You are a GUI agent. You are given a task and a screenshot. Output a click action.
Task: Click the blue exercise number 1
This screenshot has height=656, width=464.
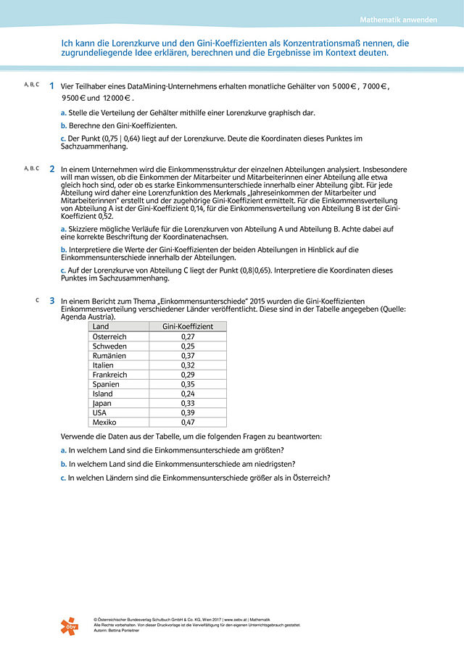51,86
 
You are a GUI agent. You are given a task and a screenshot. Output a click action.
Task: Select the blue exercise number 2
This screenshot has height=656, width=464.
51,169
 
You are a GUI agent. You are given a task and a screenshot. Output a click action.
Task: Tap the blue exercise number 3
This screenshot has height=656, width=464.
51,300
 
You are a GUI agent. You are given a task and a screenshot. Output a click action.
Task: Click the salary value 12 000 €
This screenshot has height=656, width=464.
117,97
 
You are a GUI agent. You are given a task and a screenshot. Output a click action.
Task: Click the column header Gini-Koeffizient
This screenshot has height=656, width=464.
188,327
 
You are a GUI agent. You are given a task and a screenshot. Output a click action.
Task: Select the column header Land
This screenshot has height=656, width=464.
101,327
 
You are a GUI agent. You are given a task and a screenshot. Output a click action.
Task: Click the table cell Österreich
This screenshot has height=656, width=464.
109,336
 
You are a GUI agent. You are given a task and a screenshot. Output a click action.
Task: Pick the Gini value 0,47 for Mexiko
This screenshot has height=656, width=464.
188,422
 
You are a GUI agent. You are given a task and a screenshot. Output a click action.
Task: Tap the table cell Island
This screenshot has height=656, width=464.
103,394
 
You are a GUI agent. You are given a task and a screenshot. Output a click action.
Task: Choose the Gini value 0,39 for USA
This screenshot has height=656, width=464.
188,412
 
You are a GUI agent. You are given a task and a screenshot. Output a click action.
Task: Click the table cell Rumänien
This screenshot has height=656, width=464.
109,356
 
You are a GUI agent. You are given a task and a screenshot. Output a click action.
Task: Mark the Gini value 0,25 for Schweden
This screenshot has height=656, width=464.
188,346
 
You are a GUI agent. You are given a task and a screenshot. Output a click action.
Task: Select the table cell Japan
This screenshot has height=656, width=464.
102,403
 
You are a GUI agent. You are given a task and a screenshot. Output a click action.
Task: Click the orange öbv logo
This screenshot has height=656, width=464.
72,625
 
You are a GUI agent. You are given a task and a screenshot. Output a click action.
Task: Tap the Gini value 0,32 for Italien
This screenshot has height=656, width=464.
188,365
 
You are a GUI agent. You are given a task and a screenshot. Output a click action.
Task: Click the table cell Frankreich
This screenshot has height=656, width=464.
110,375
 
